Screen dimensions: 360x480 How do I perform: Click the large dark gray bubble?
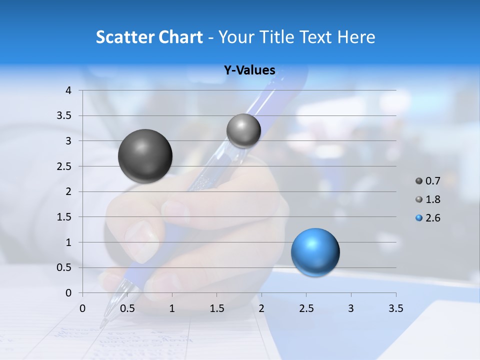[145, 156]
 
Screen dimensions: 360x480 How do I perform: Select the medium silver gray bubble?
[243, 130]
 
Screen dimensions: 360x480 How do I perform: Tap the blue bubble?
[315, 252]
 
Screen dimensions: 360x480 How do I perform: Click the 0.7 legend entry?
[427, 181]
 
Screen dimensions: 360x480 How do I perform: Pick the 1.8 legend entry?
[427, 199]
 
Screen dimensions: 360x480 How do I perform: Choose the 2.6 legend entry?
[427, 218]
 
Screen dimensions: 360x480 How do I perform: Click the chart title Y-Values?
[249, 70]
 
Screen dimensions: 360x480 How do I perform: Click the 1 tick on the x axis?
[172, 308]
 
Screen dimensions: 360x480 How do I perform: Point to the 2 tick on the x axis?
[261, 308]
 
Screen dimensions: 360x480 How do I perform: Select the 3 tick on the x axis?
[351, 308]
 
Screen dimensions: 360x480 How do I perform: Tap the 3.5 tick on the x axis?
[395, 308]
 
